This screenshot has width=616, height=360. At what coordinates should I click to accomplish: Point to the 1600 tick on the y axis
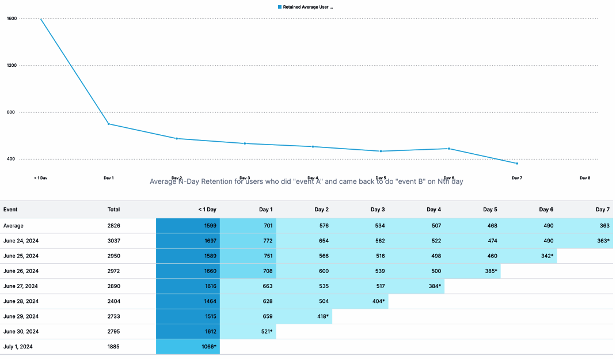click(12, 18)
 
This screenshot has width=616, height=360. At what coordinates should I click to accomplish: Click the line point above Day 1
click(109, 124)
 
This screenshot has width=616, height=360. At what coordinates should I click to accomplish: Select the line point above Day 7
click(517, 164)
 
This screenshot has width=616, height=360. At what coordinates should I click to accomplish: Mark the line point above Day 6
click(449, 149)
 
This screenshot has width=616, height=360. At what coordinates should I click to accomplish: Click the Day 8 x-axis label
click(585, 178)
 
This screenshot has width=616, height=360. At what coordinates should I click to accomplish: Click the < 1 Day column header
click(207, 210)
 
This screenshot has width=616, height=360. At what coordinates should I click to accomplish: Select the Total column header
click(113, 210)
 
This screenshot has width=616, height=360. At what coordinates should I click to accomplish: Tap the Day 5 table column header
click(490, 210)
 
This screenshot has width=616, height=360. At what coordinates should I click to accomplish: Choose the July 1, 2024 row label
click(17, 346)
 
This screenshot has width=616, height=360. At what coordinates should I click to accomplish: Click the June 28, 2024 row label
click(21, 301)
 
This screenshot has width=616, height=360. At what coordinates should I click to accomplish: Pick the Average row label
click(13, 226)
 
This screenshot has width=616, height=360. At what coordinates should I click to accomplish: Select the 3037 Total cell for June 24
click(113, 241)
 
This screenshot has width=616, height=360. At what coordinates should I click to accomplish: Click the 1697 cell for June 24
click(210, 241)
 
